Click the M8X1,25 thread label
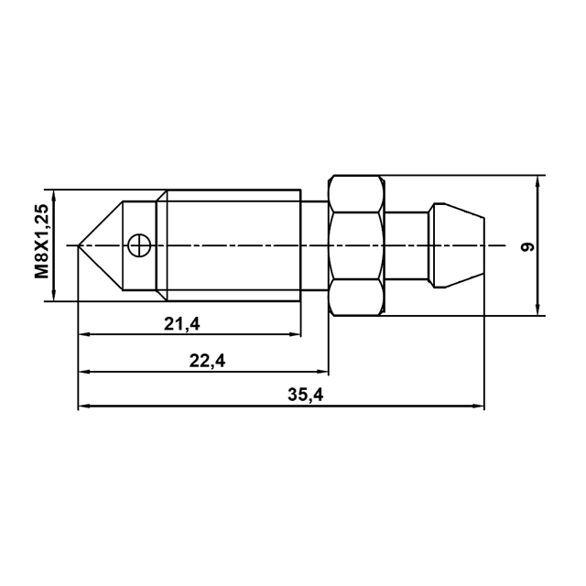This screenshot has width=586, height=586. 41,242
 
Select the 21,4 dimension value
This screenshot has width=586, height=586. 182,324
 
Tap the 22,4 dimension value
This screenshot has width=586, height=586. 208,361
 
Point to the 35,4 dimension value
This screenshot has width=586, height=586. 306,395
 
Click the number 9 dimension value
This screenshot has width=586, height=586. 527,246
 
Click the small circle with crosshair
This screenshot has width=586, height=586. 138,245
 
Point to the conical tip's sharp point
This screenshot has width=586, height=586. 78,245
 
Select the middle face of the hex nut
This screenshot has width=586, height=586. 357,245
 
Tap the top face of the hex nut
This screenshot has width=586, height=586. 357,193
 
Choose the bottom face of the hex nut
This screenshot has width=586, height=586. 357,297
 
